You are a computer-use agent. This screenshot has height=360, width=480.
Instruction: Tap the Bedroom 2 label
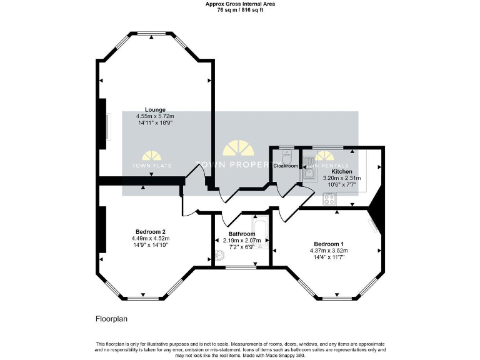[x=150, y=231]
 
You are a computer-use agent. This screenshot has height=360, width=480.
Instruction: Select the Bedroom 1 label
[x=329, y=244]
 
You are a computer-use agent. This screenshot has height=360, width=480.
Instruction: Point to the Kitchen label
[x=341, y=171]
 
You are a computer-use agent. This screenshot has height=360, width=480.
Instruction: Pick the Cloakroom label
[x=286, y=166]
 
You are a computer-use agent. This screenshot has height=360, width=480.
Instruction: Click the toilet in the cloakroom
[x=287, y=156]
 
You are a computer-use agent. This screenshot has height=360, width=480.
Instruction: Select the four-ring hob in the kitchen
[x=329, y=199]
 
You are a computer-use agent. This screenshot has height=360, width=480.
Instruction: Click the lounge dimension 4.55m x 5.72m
[x=154, y=116]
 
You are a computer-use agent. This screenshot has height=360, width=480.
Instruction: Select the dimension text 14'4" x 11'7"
[x=329, y=257]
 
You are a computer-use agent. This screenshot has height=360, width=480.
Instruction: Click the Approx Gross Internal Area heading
[x=240, y=4]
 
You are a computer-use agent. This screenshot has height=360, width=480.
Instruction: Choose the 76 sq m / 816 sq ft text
[x=240, y=10]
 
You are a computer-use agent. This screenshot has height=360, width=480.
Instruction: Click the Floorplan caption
[x=111, y=318]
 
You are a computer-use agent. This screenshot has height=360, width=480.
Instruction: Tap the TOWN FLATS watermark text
[x=151, y=166]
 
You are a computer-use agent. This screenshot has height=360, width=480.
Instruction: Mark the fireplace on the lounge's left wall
[x=107, y=127]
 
